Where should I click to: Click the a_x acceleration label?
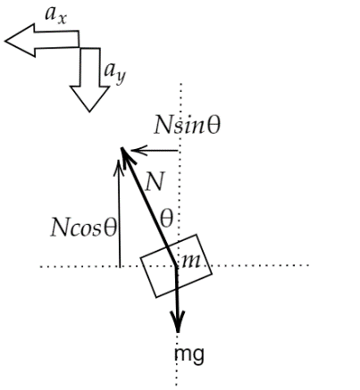[x=55, y=15]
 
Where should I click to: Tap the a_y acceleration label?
[x=114, y=73]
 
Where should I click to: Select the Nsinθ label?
[x=188, y=125]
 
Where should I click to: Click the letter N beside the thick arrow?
[x=155, y=181]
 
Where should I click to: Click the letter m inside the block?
[x=190, y=261]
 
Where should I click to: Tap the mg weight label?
[x=189, y=355]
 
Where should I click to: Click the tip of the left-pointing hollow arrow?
[x=5, y=41]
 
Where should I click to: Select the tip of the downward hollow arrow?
[x=89, y=112]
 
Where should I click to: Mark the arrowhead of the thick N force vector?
[x=121, y=148]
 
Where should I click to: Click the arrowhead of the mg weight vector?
[x=178, y=332]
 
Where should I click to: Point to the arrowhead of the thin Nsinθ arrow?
[x=131, y=151]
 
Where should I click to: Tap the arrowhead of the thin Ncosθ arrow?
[x=119, y=161]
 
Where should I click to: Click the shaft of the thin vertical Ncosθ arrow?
[x=120, y=213]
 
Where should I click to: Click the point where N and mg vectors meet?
[x=177, y=267]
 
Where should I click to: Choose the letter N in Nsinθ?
[x=163, y=125]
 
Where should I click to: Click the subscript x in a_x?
[x=62, y=19]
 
